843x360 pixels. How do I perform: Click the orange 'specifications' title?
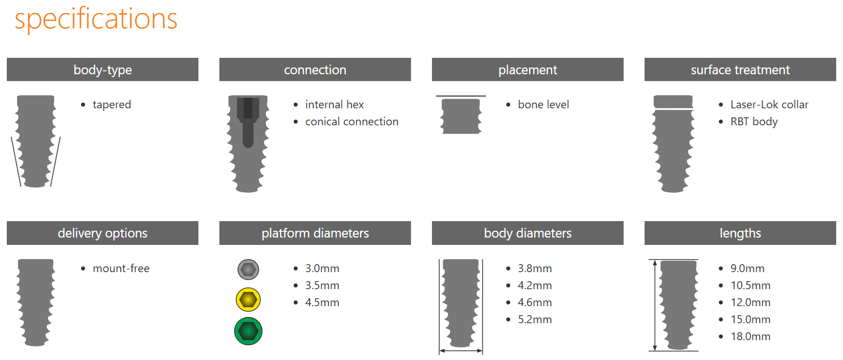(96, 20)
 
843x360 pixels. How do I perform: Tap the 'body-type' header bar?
(103, 70)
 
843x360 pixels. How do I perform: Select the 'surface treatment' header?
(740, 70)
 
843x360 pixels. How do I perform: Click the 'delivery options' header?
(103, 233)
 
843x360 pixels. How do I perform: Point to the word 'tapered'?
(112, 104)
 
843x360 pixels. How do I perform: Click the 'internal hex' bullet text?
(334, 104)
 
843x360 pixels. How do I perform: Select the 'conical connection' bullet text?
(351, 121)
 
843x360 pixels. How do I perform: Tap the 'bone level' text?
(543, 104)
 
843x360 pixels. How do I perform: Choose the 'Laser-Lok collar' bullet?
(769, 104)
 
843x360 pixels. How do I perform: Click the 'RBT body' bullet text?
(754, 122)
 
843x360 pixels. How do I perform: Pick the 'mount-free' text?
(121, 269)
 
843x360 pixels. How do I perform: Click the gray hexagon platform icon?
(248, 269)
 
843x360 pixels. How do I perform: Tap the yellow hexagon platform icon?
(248, 300)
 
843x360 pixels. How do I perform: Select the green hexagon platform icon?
(248, 332)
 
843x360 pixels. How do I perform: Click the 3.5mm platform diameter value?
(322, 286)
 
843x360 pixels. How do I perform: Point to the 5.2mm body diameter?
(535, 320)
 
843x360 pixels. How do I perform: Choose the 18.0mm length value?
(751, 337)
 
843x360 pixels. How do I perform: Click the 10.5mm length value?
(751, 286)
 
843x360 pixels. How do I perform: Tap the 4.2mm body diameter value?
(535, 286)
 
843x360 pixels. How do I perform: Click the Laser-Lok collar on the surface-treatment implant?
(673, 101)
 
